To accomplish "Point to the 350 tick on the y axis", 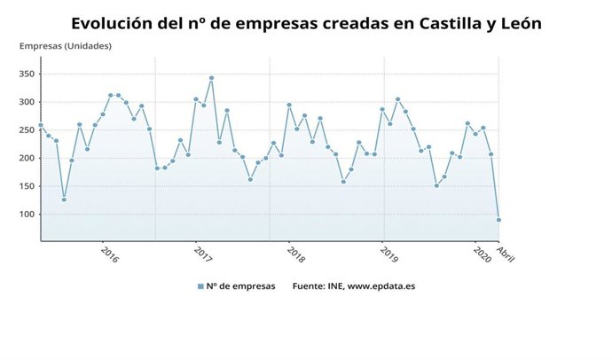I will pyautogui.click(x=26, y=74).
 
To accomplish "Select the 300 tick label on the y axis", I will pyautogui.click(x=26, y=102).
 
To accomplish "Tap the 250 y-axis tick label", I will pyautogui.click(x=26, y=130).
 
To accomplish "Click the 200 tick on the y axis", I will pyautogui.click(x=26, y=158).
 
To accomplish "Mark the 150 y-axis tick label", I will pyautogui.click(x=26, y=186).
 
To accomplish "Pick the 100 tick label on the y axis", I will pyautogui.click(x=26, y=215).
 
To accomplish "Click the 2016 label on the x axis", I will pyautogui.click(x=110, y=254).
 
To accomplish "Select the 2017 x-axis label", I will pyautogui.click(x=203, y=254).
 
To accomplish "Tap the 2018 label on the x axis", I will pyautogui.click(x=295, y=254).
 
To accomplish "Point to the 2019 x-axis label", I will pyautogui.click(x=388, y=254).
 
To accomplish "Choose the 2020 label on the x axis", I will pyautogui.click(x=483, y=254).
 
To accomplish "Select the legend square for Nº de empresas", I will pyautogui.click(x=201, y=286).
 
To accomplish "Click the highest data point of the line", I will pyautogui.click(x=211, y=78).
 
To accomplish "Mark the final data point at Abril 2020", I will pyautogui.click(x=498, y=220).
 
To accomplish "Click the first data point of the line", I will pyautogui.click(x=41, y=125).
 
